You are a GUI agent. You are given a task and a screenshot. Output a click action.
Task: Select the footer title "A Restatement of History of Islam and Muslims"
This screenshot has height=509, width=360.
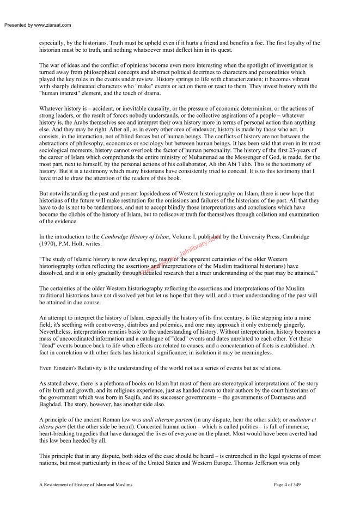click(86, 483)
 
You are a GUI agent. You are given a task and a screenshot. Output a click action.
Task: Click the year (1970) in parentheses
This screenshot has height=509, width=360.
click(49, 244)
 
